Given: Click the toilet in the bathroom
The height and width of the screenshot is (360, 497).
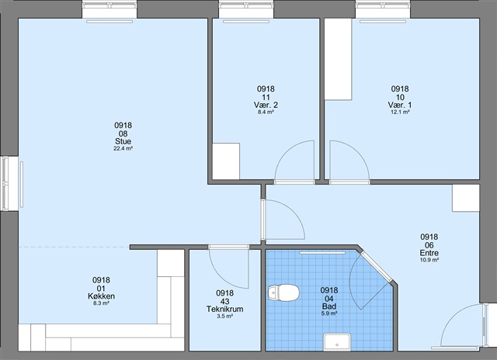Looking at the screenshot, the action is (x=283, y=292).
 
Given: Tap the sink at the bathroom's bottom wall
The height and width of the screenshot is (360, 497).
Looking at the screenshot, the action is (x=337, y=342).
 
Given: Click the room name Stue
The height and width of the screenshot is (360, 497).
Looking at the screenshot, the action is (x=123, y=141).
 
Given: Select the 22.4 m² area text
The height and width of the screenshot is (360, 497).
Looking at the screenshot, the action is (x=123, y=148).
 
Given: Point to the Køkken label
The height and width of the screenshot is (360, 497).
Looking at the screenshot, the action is (x=101, y=296).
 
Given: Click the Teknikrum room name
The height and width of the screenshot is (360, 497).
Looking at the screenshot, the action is (x=224, y=309).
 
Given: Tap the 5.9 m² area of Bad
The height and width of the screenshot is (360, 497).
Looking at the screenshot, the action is (x=329, y=313).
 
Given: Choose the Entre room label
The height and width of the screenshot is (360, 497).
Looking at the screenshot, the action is (x=429, y=253).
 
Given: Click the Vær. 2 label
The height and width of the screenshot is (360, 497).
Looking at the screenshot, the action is (x=266, y=105).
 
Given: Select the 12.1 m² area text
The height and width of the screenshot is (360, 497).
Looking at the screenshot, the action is (x=400, y=112).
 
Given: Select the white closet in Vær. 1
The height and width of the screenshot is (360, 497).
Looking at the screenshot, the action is (x=338, y=59).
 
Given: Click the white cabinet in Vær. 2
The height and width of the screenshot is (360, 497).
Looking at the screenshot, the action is (x=226, y=161).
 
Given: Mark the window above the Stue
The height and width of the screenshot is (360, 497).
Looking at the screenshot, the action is (x=109, y=9).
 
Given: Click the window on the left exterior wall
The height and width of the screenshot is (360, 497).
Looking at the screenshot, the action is (x=9, y=184).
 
